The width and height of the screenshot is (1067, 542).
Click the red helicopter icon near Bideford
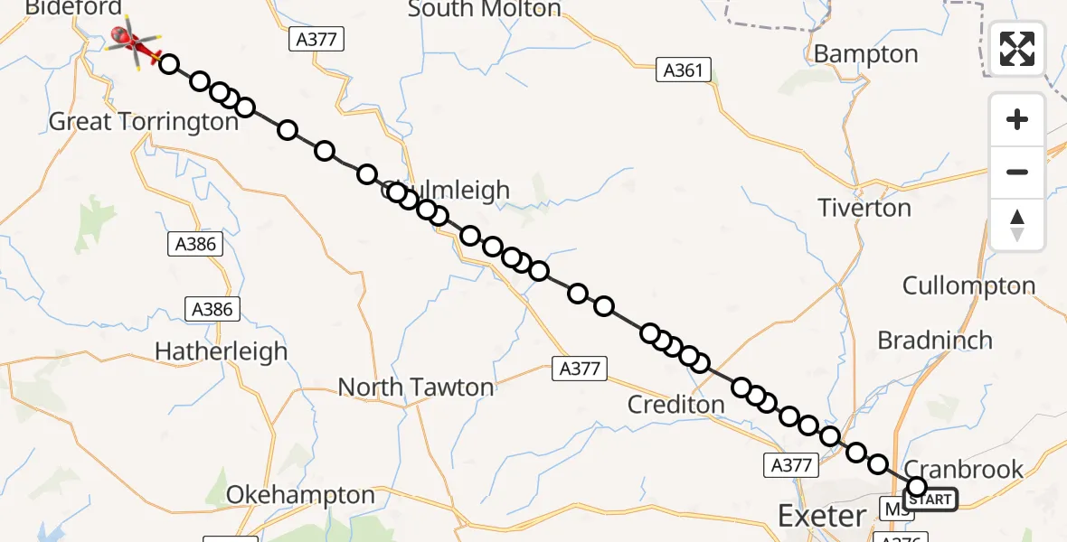pyautogui.click(x=132, y=42)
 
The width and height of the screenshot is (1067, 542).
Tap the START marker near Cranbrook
pyautogui.click(x=929, y=499)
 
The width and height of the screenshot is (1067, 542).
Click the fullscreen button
pyautogui.click(x=1017, y=49)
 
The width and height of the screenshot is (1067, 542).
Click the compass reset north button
pyautogui.click(x=1017, y=225)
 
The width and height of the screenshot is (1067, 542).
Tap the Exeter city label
pyautogui.click(x=821, y=516)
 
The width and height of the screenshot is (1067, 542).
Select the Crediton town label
pyautogui.click(x=675, y=405)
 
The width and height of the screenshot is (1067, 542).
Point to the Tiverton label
pyautogui.click(x=864, y=208)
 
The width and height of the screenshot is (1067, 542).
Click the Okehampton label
pyautogui.click(x=300, y=495)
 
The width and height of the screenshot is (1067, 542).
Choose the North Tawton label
pyautogui.click(x=416, y=388)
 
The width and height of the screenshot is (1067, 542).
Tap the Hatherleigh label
pyautogui.click(x=221, y=351)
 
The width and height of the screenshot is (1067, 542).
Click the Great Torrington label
pyautogui.click(x=143, y=121)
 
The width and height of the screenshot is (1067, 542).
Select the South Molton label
pyautogui.click(x=484, y=10)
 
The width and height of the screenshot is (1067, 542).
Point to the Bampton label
pyautogui.click(x=865, y=54)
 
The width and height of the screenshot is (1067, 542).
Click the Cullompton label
pyautogui.click(x=968, y=286)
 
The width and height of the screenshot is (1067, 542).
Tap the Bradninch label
pyautogui.click(x=935, y=341)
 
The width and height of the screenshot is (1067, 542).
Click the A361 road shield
pyautogui.click(x=684, y=70)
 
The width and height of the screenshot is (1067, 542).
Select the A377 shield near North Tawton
pyautogui.click(x=579, y=368)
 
